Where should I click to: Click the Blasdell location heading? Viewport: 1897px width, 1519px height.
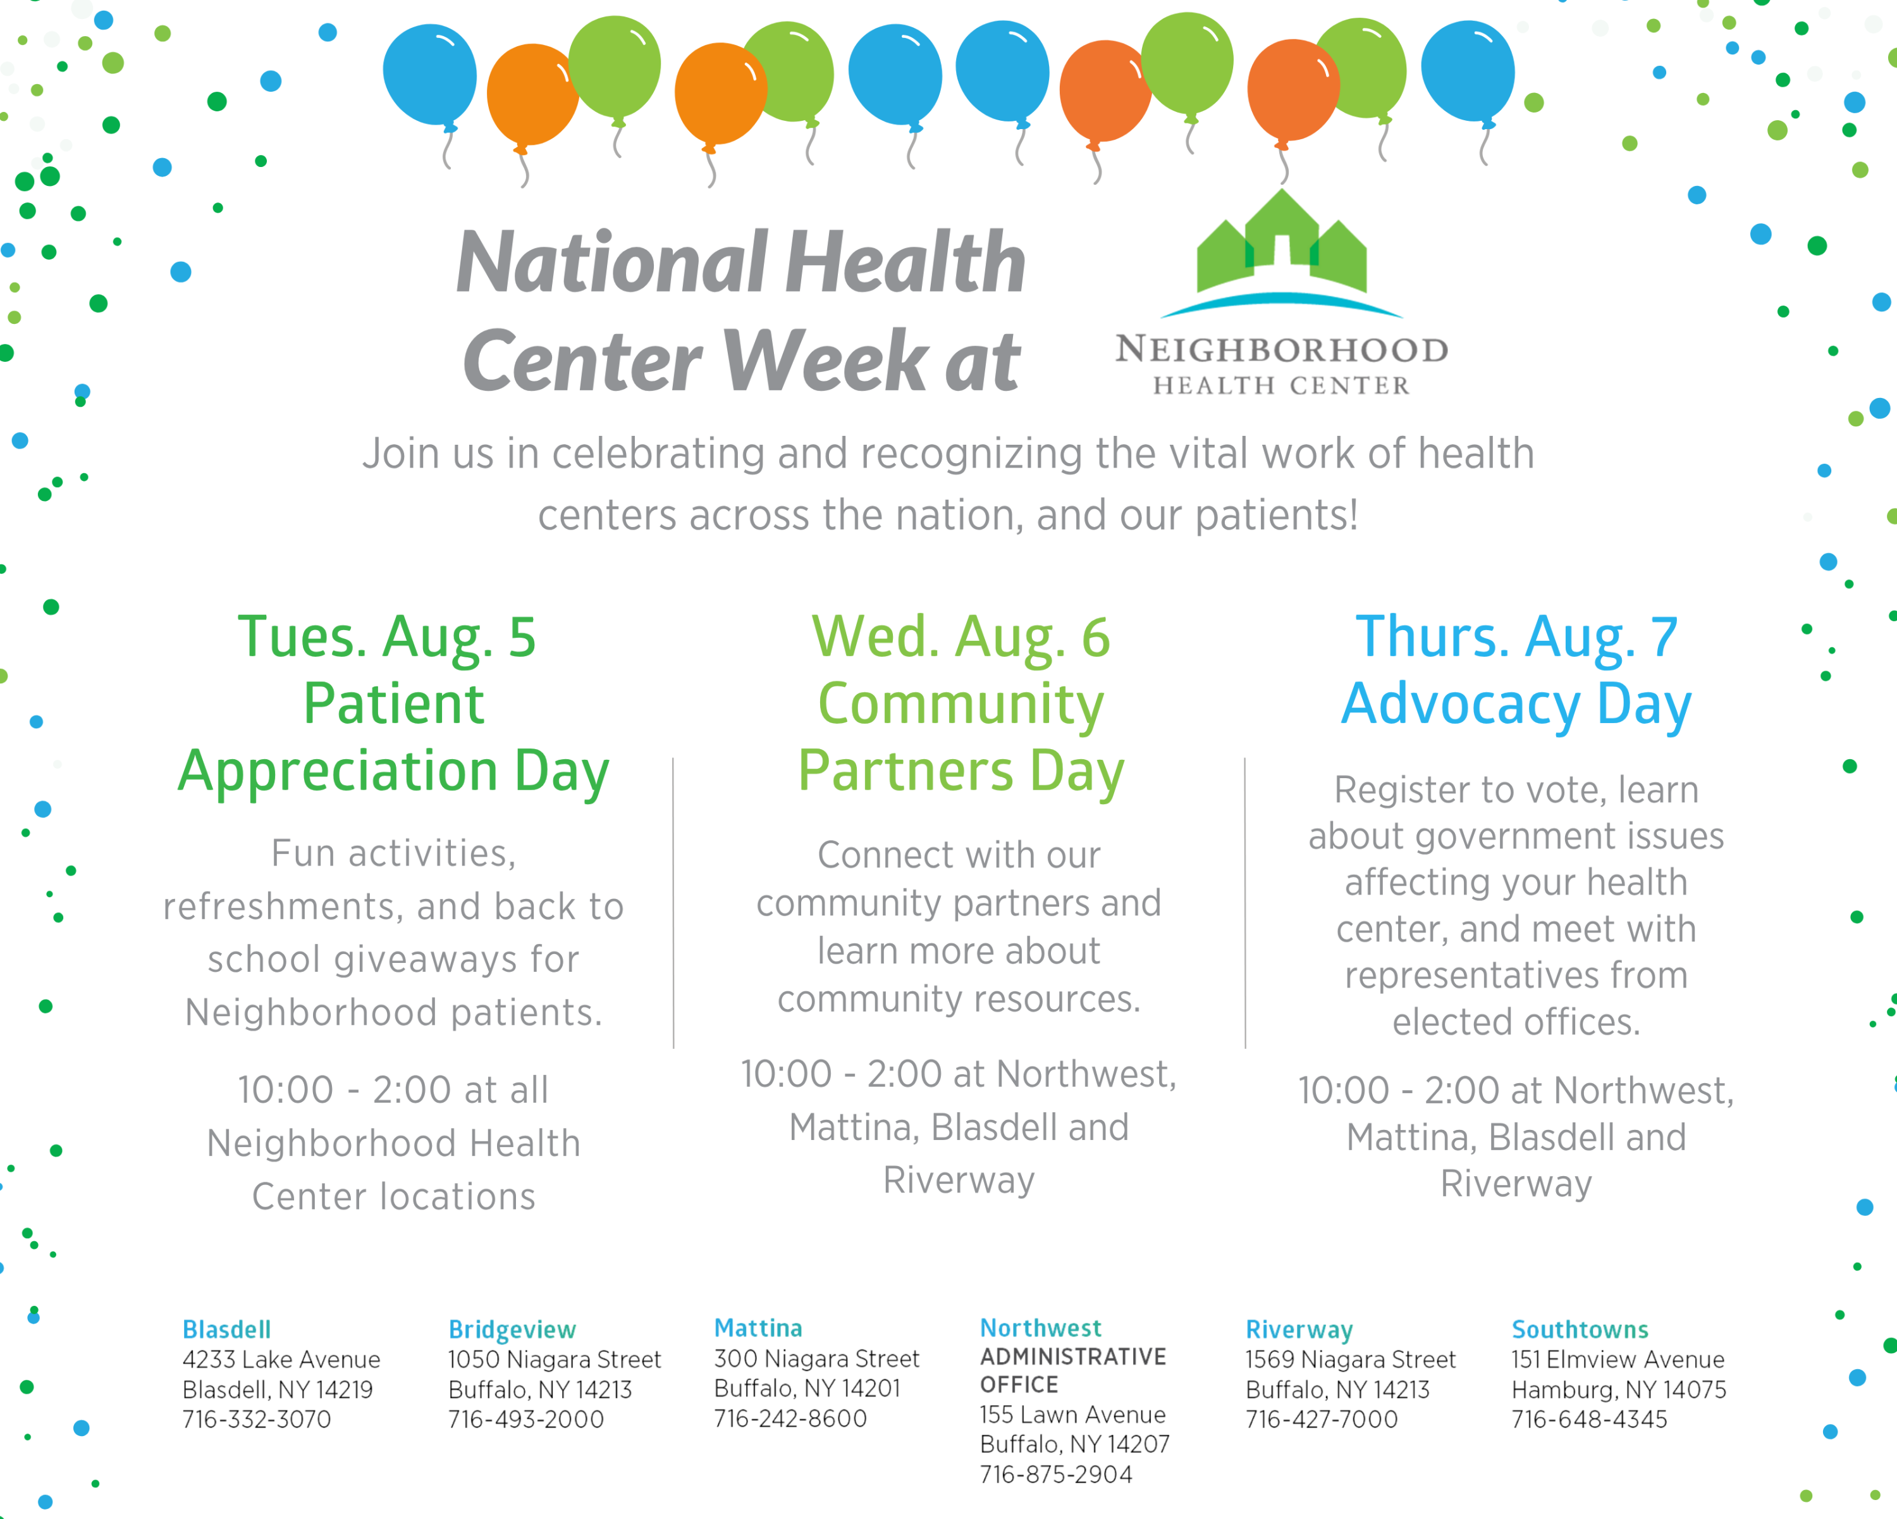pos(226,1329)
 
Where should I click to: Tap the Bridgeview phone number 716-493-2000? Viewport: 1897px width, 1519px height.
pos(525,1418)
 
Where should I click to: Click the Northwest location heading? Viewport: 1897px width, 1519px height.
pos(1040,1327)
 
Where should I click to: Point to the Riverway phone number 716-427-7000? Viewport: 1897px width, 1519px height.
pos(1321,1418)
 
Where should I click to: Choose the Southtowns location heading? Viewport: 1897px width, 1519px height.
pos(1580,1329)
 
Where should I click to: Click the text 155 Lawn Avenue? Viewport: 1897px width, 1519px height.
pos(1072,1414)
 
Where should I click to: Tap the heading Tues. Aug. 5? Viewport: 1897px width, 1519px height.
pos(387,636)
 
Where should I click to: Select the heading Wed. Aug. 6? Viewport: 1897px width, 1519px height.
pos(961,636)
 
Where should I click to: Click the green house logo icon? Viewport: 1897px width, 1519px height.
pos(1281,242)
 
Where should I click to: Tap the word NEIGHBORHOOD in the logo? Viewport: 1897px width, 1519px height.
pos(1281,349)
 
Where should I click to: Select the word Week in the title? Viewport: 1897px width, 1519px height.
pos(825,360)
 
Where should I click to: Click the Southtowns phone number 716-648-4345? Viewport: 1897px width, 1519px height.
pos(1589,1418)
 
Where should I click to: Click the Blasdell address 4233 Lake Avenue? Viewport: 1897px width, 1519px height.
pos(281,1359)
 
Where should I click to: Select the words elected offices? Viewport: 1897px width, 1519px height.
pos(1516,1022)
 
